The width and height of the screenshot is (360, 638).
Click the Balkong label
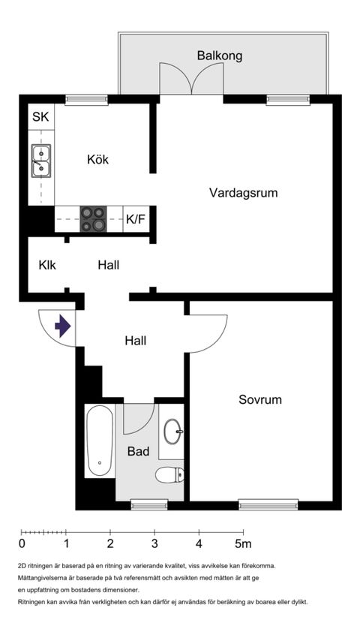point(219,56)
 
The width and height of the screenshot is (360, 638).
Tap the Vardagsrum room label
point(243,193)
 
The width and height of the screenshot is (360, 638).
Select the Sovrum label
point(260,399)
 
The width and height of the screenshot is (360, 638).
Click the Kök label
point(97,160)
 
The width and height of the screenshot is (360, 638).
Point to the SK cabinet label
point(40,117)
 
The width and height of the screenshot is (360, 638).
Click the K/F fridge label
point(136,220)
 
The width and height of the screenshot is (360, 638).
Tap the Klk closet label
point(47,265)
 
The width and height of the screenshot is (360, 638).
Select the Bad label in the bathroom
point(138,452)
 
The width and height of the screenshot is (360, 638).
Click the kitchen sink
point(41,161)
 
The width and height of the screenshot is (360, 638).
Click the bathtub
point(100,441)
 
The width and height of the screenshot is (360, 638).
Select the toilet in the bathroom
point(169,474)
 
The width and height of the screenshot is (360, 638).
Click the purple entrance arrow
point(62,327)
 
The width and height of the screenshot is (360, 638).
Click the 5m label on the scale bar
point(243,543)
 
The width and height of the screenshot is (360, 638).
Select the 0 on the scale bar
point(22,543)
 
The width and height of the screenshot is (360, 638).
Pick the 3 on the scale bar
point(154,543)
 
